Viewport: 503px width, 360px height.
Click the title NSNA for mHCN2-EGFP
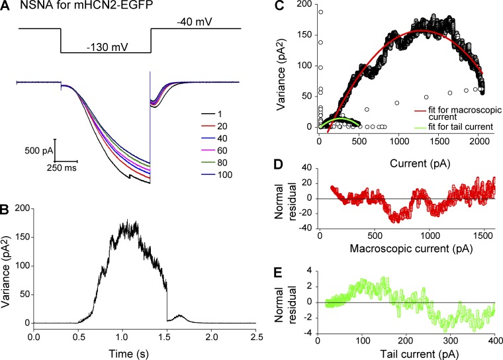coord(76,7)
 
